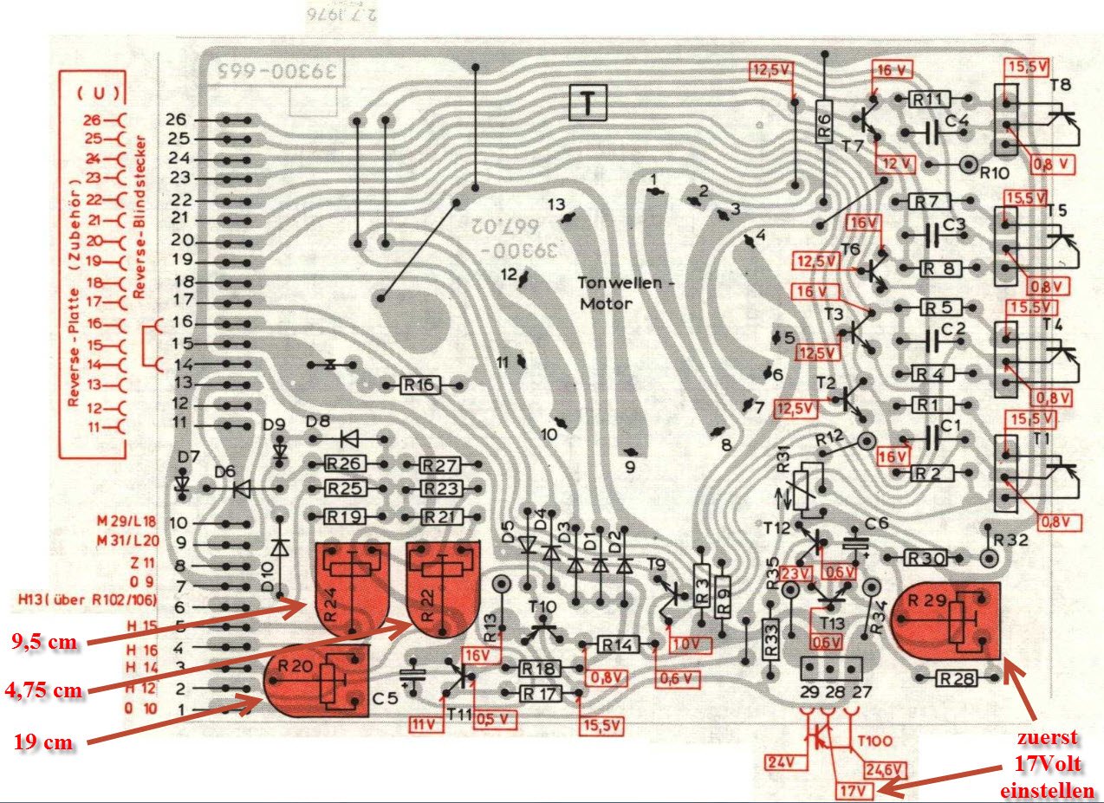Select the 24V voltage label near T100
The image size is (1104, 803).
coord(779,763)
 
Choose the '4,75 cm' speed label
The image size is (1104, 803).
coord(48,690)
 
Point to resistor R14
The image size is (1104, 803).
coord(616,644)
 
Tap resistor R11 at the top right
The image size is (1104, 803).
coord(927,100)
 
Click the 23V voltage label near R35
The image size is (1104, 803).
coord(793,572)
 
